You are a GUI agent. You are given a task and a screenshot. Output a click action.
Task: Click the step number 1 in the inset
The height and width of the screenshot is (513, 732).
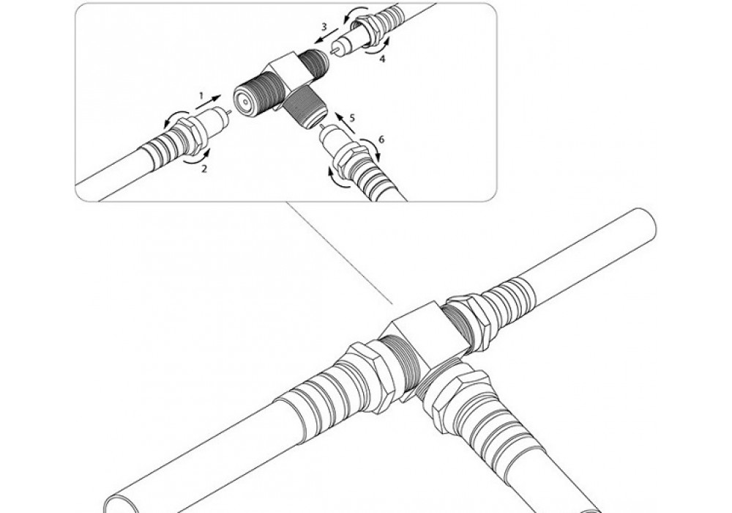coord(201,96)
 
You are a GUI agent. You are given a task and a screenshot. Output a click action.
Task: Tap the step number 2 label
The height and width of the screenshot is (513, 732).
coord(204,169)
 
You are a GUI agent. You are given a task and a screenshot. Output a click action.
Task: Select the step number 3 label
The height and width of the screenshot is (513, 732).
coord(324,26)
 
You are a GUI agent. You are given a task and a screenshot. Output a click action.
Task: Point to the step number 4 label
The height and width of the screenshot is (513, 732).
coord(382,59)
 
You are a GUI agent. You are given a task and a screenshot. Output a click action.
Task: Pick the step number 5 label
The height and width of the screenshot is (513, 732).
coord(352,118)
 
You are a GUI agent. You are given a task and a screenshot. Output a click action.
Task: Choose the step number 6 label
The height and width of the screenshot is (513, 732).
coord(381,140)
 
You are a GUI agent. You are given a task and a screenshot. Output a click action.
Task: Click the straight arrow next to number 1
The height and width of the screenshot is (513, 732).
coord(209,103)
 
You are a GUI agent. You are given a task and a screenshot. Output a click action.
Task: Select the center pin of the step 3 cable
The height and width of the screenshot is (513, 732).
coord(333,50)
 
